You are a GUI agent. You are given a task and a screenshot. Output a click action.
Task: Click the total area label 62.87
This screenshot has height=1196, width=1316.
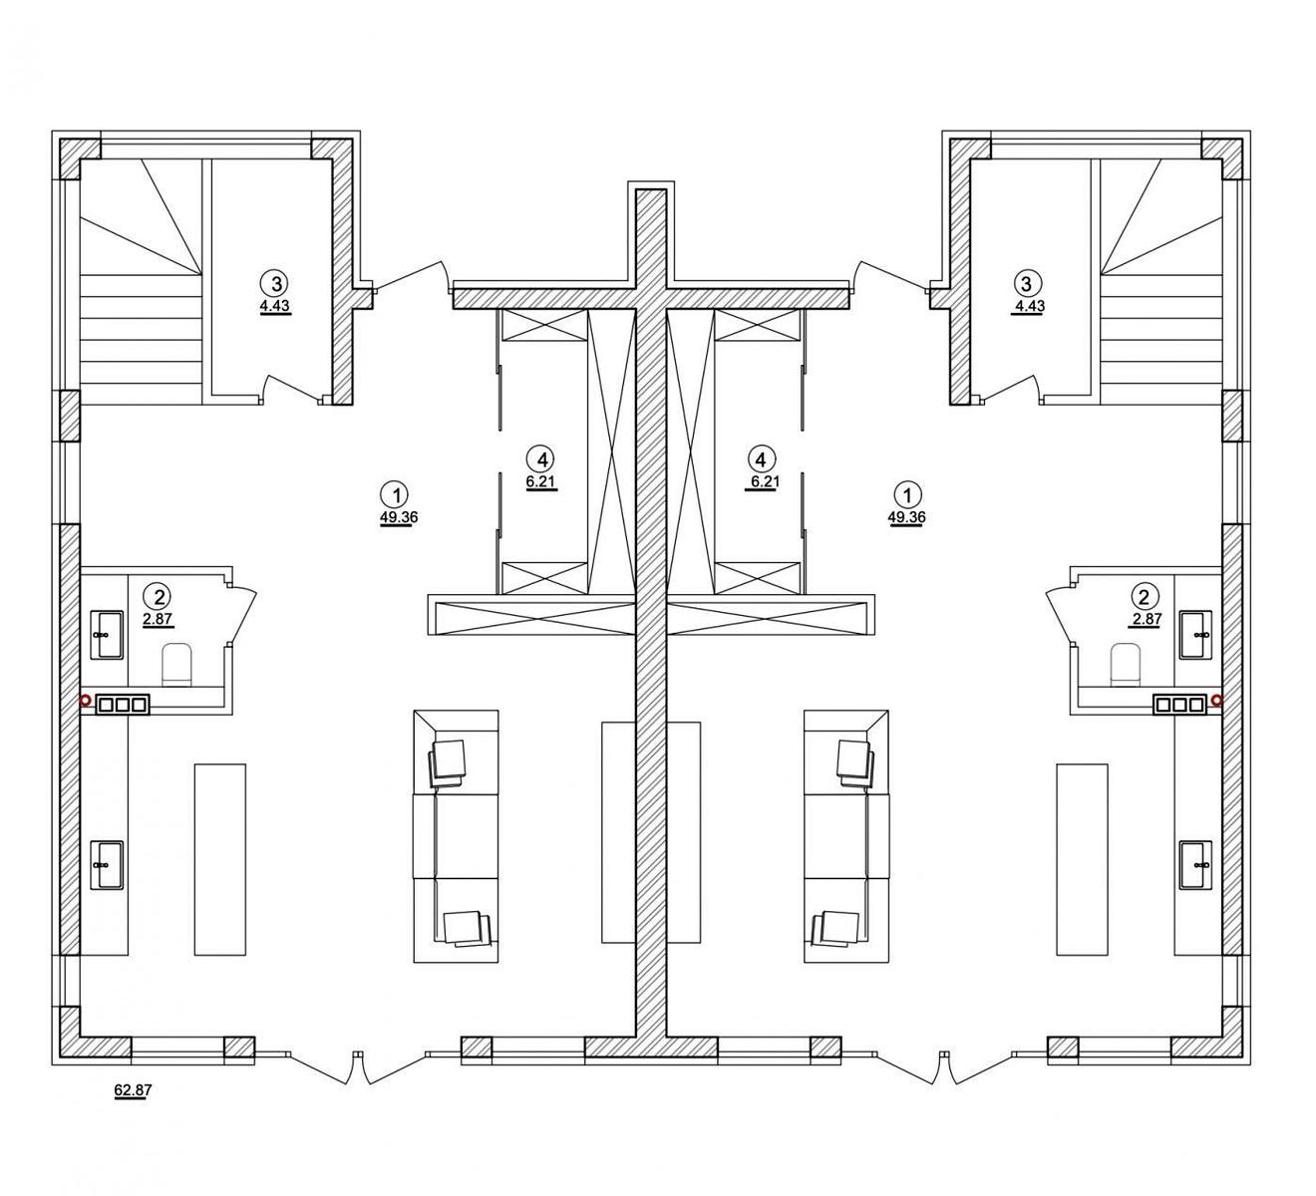click(134, 1090)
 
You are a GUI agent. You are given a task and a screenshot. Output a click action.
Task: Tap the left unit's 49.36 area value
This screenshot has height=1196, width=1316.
click(399, 517)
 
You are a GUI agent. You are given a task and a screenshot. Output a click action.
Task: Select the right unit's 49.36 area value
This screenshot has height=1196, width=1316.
click(906, 517)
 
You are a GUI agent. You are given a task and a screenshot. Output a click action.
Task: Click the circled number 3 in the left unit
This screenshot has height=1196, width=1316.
click(275, 283)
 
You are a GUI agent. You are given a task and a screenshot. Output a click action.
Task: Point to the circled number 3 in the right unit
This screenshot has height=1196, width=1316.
click(1027, 283)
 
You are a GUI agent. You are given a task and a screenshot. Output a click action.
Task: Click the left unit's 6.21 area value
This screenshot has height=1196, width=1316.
click(540, 482)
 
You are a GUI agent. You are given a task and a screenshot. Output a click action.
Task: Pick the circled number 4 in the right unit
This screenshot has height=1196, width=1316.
click(761, 457)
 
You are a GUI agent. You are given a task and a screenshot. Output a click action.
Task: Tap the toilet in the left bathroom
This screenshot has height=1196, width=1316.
click(176, 664)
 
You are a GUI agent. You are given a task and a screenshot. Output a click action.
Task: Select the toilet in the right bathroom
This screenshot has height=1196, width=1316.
click(1126, 664)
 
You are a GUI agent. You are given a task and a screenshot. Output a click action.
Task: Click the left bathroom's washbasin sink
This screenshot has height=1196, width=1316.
click(107, 635)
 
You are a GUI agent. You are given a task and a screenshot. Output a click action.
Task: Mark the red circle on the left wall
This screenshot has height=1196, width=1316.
click(85, 701)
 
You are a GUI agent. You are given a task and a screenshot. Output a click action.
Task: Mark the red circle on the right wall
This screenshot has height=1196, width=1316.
click(1217, 701)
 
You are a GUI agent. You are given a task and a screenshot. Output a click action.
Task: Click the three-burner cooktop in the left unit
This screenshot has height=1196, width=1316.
click(123, 705)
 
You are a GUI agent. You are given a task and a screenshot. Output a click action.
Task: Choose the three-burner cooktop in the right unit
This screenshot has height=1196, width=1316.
click(1179, 705)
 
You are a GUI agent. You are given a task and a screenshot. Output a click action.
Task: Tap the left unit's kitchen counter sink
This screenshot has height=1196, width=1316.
click(107, 865)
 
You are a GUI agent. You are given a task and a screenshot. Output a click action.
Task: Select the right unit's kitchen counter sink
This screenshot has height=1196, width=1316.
click(1195, 865)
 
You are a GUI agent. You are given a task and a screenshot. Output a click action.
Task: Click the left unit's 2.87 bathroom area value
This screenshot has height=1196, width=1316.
click(158, 618)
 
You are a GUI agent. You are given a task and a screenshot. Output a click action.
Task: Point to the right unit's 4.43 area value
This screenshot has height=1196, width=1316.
click(1029, 306)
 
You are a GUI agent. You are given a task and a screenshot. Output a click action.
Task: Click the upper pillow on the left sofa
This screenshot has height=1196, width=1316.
click(448, 763)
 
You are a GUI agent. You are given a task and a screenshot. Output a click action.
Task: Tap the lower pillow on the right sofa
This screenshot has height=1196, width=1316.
click(835, 928)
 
